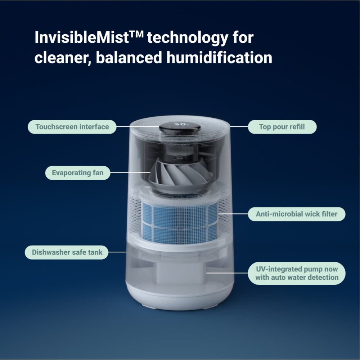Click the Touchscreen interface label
(72, 127)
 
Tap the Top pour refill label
(282, 127)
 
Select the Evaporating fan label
(77, 173)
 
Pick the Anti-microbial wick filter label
(296, 214)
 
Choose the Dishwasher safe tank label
(67, 252)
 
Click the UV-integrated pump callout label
(297, 273)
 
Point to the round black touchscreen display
(179, 127)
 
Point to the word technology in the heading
(187, 38)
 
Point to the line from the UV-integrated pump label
(227, 273)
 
